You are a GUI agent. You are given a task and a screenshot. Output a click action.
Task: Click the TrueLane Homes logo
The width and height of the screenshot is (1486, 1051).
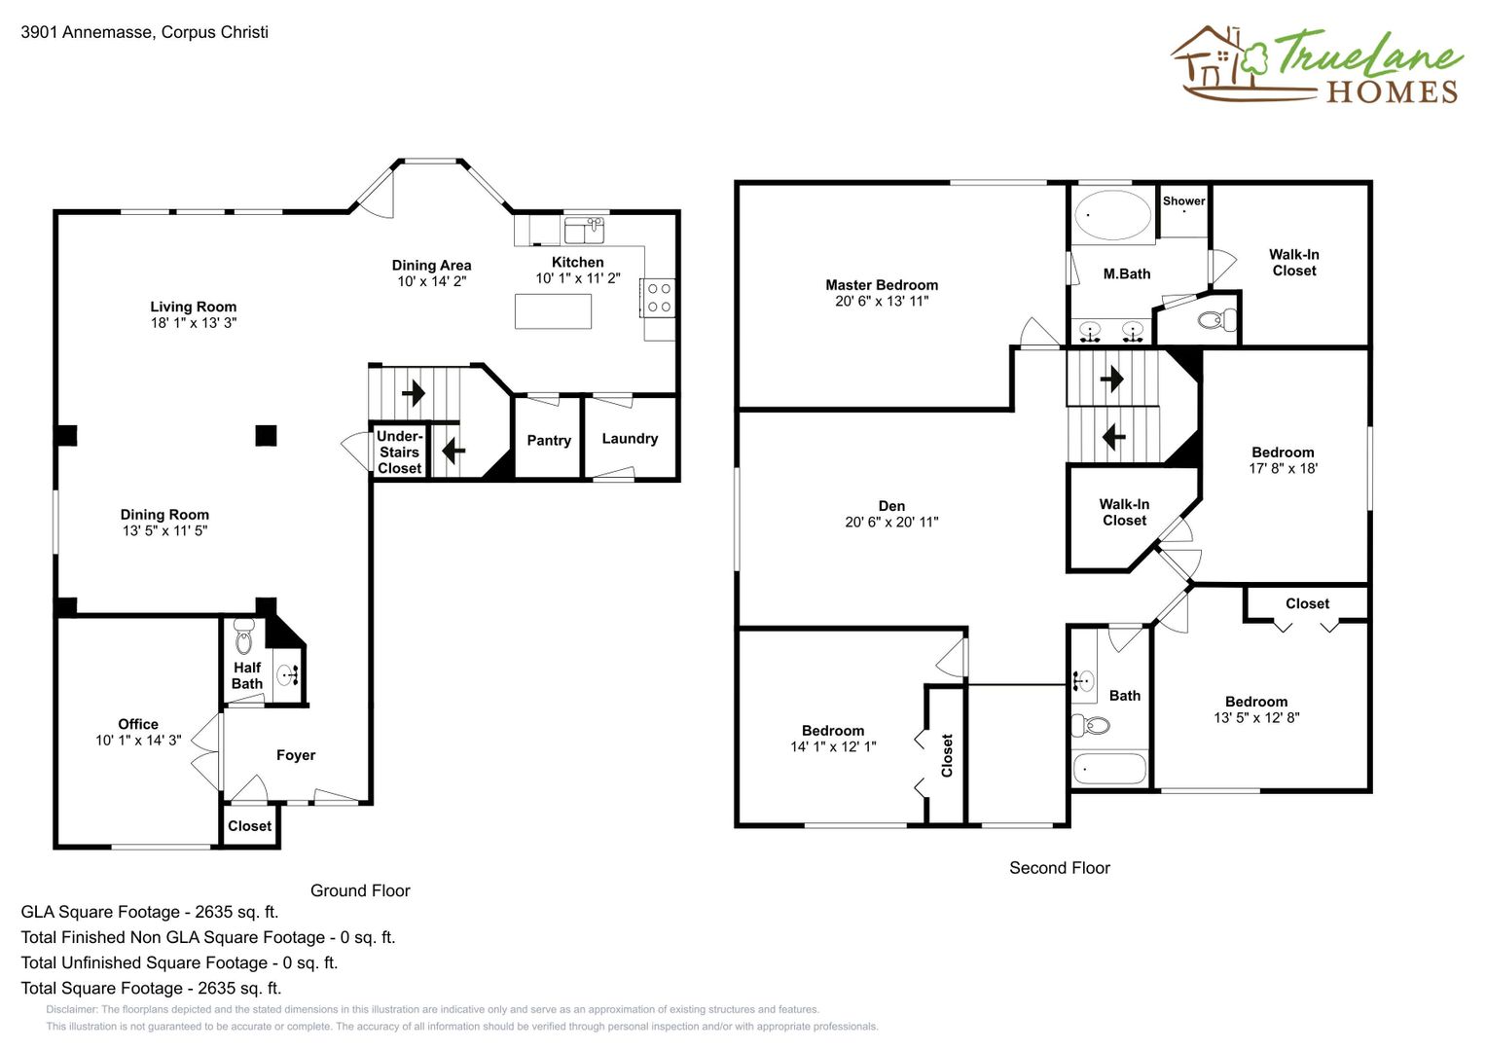tap(1317, 64)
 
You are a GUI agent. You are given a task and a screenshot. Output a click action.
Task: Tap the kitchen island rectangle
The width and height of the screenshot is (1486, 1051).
tap(554, 311)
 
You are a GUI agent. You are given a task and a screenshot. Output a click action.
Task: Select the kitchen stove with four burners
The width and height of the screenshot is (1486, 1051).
tap(658, 298)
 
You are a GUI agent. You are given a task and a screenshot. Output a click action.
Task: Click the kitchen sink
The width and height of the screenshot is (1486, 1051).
tap(584, 231)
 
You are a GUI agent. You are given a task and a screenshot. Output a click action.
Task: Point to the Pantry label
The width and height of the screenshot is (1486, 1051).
tap(549, 441)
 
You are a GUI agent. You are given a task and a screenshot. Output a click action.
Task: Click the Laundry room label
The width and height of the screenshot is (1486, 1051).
tap(630, 439)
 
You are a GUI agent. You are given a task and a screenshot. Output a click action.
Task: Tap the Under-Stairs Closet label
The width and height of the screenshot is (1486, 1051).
tap(399, 452)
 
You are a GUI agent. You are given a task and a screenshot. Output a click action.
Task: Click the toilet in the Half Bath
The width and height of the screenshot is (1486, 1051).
tap(244, 637)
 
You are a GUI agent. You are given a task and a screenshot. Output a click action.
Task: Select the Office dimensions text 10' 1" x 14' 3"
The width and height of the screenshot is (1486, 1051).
tap(138, 740)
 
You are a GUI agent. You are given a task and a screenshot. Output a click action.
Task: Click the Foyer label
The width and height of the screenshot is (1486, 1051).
tap(296, 755)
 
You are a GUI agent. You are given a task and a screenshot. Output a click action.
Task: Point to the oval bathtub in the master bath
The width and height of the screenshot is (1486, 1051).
tap(1114, 215)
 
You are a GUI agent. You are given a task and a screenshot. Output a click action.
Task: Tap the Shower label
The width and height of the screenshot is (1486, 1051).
tap(1183, 201)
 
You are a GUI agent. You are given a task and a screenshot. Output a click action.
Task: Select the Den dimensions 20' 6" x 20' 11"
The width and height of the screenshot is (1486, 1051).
tap(891, 523)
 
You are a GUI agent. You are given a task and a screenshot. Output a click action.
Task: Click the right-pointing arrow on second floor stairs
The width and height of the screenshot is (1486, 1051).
tap(1112, 379)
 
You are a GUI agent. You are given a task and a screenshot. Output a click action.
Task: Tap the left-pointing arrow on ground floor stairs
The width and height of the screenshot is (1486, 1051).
tap(453, 451)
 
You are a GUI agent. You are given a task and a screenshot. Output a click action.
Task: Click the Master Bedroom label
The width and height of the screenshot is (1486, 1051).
tap(882, 284)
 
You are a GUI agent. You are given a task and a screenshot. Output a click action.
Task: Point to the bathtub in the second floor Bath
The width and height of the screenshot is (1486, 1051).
tap(1109, 769)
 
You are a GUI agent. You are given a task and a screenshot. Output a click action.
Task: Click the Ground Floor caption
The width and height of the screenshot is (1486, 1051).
tap(360, 890)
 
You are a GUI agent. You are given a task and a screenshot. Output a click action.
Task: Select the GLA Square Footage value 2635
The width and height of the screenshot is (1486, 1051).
tap(214, 912)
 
